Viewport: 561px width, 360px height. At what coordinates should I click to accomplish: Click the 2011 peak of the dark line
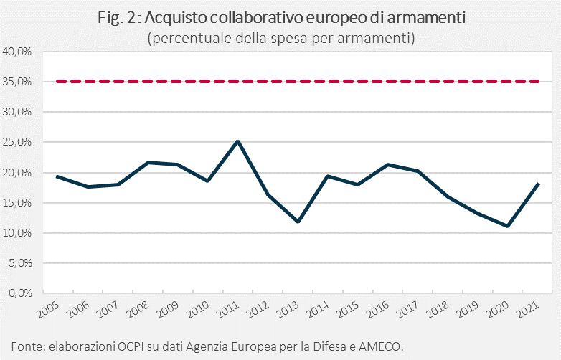point(238,141)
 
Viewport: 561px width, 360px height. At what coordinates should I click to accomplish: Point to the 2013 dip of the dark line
point(298,222)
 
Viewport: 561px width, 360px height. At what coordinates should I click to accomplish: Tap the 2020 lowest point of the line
point(507,226)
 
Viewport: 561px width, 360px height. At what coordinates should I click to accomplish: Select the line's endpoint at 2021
point(538,184)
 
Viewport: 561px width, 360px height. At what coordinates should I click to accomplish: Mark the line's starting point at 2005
point(57,176)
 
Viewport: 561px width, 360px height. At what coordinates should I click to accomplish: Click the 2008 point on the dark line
point(148,162)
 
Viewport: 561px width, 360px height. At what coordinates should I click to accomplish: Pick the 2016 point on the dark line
point(388,164)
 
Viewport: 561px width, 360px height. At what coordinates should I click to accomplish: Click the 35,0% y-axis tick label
point(17,82)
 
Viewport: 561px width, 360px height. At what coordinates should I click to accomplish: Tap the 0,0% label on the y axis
point(20,293)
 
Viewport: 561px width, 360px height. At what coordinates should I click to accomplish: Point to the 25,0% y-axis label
point(17,142)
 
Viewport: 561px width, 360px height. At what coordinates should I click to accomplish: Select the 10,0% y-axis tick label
point(17,233)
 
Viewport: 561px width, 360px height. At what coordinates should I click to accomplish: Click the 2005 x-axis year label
point(48,310)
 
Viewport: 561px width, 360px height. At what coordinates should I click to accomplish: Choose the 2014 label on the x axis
point(318,310)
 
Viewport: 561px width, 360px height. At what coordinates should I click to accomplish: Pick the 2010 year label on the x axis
point(198,310)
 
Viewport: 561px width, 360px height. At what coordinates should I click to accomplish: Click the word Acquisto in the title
point(176,18)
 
